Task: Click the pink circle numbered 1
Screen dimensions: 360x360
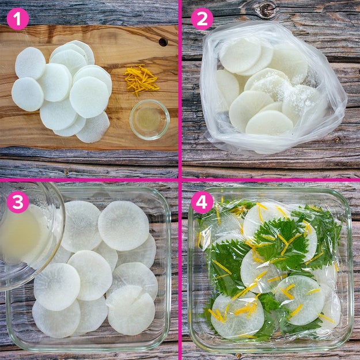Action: tap(18, 19)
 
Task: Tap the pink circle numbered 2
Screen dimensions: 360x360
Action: tap(202, 19)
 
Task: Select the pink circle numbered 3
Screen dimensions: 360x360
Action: tap(18, 202)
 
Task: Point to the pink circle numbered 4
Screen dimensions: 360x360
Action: tap(202, 202)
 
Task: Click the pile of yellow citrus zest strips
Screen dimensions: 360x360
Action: tap(141, 79)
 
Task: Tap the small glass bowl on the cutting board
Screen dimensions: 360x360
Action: tap(150, 120)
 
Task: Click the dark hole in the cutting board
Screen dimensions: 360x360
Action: tap(163, 42)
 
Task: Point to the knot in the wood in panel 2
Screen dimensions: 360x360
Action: tap(267, 10)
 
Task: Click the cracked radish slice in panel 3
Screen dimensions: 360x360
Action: tap(130, 310)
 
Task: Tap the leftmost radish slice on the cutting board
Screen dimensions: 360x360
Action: tap(28, 94)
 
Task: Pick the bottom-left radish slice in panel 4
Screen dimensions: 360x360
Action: tap(237, 316)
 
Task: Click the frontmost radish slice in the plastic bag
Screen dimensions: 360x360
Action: tap(269, 122)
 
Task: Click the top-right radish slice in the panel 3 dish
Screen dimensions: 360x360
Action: tap(123, 226)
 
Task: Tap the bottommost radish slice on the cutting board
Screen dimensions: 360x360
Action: tap(93, 127)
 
